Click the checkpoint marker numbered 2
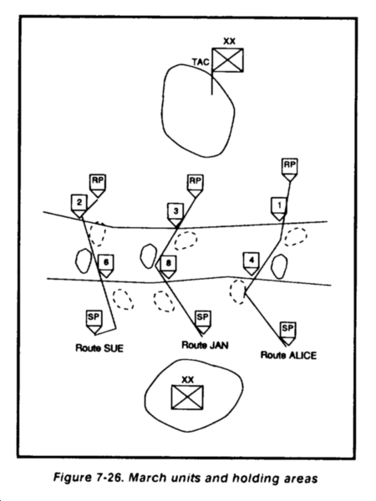(79, 205)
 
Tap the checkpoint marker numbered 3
(175, 215)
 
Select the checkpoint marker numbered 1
(279, 209)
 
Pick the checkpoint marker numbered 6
(106, 266)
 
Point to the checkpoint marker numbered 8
(168, 267)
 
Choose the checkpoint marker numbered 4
(252, 264)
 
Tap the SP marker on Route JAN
(203, 322)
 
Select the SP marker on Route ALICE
(287, 333)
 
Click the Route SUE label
(99, 348)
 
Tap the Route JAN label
(205, 345)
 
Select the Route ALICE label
(289, 356)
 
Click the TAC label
(201, 62)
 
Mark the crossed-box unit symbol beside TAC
(227, 60)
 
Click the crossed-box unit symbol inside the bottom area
(187, 397)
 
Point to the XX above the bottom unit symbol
(188, 380)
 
